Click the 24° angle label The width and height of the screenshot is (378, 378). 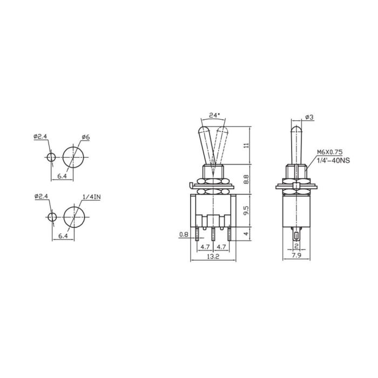coord(214,115)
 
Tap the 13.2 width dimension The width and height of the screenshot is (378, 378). coord(214,256)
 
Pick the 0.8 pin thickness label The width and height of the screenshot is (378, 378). coord(184,235)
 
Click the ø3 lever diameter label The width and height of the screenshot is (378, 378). coord(309,118)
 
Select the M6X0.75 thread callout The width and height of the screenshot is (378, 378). coord(330,153)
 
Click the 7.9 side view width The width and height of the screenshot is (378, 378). coord(296,256)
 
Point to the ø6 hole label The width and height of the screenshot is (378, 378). coord(86,138)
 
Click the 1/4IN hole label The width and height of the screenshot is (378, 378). coord(91,197)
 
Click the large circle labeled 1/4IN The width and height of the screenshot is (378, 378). coord(75,217)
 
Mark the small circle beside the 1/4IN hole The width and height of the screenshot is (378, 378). coord(51,217)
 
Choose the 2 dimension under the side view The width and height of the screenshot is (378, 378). coord(296,245)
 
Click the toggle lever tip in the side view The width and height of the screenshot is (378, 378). coord(296,129)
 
